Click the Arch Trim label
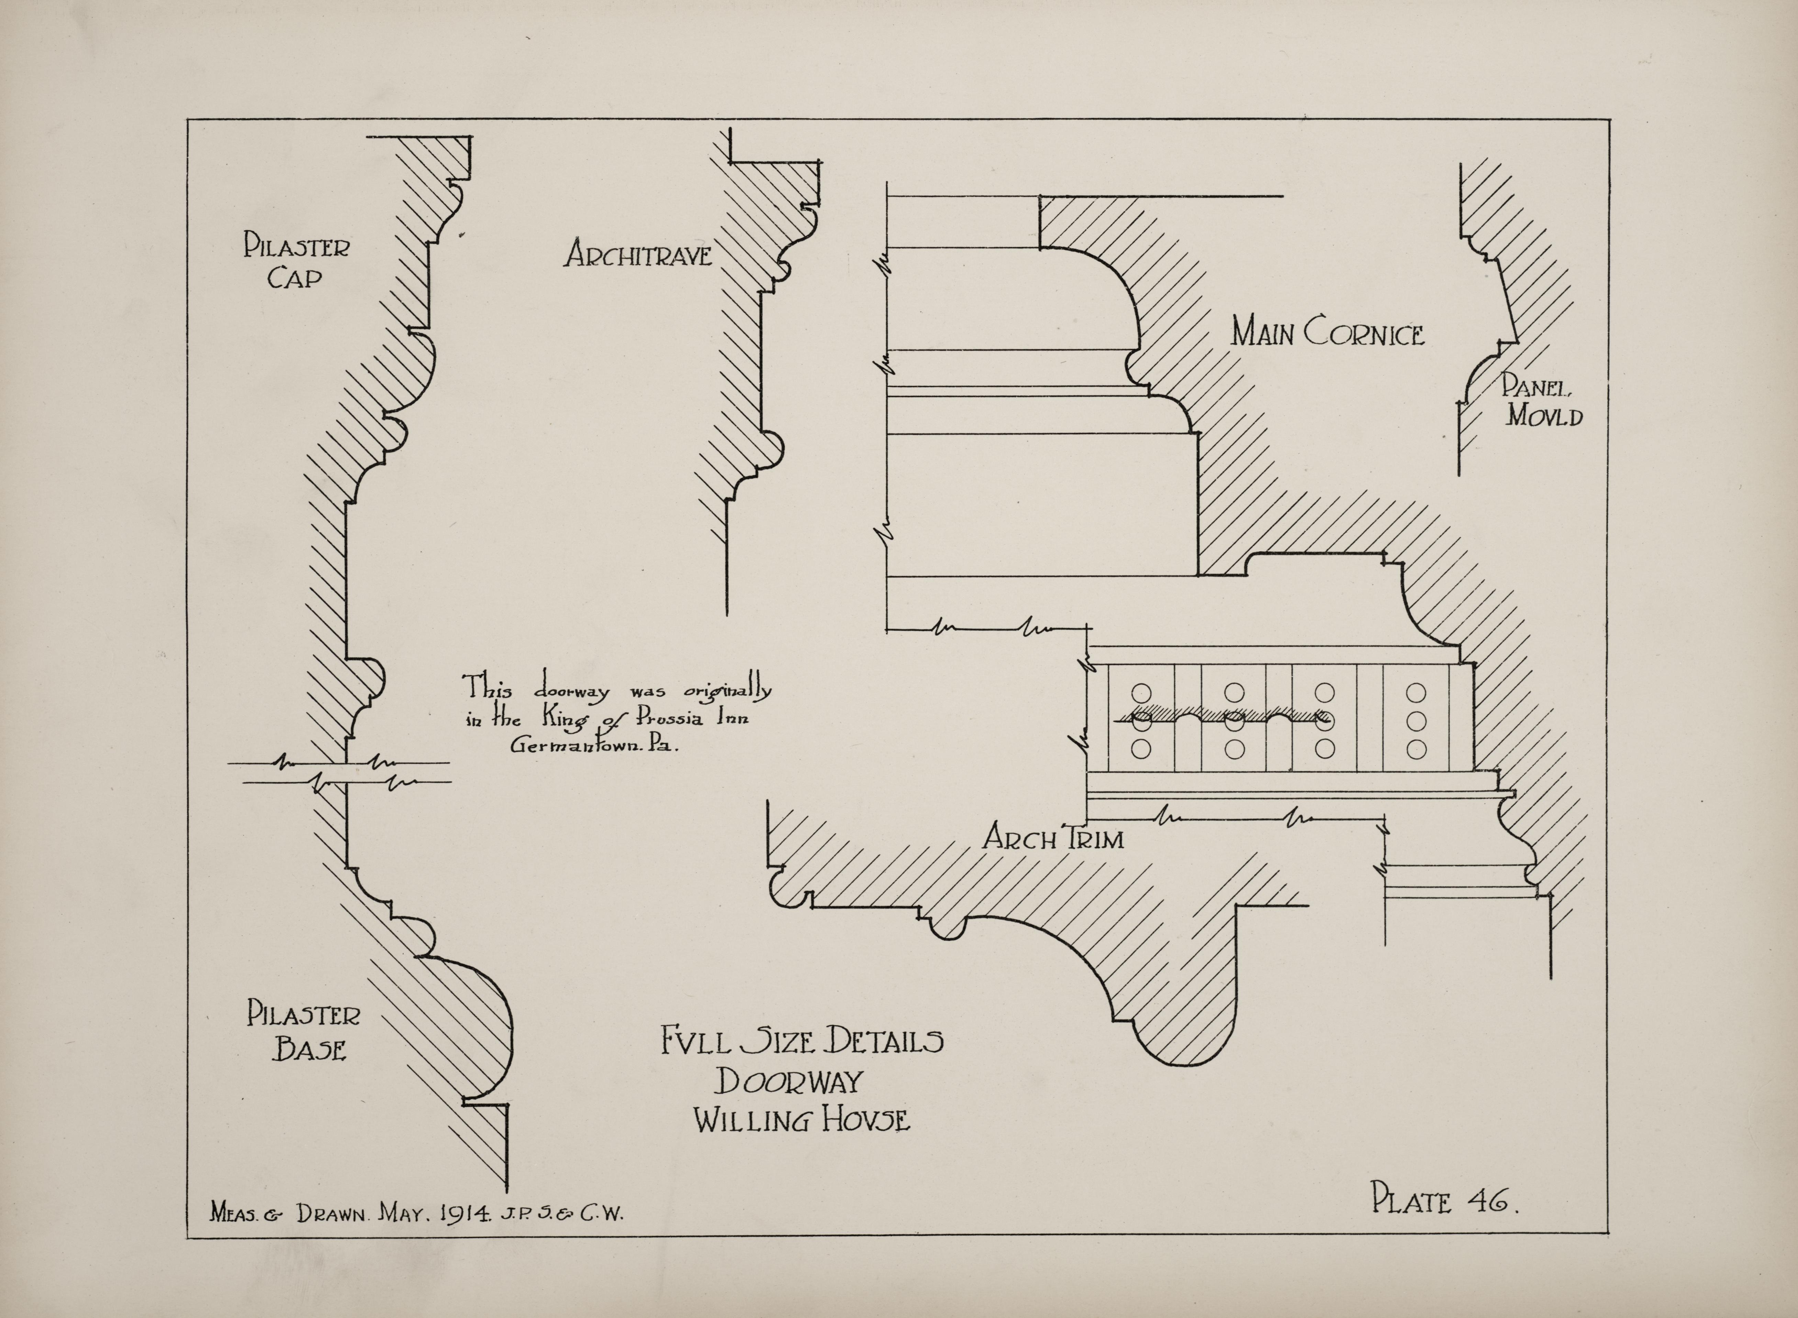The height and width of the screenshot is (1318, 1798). [x=1053, y=838]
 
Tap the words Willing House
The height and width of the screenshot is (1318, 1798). [x=801, y=1120]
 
